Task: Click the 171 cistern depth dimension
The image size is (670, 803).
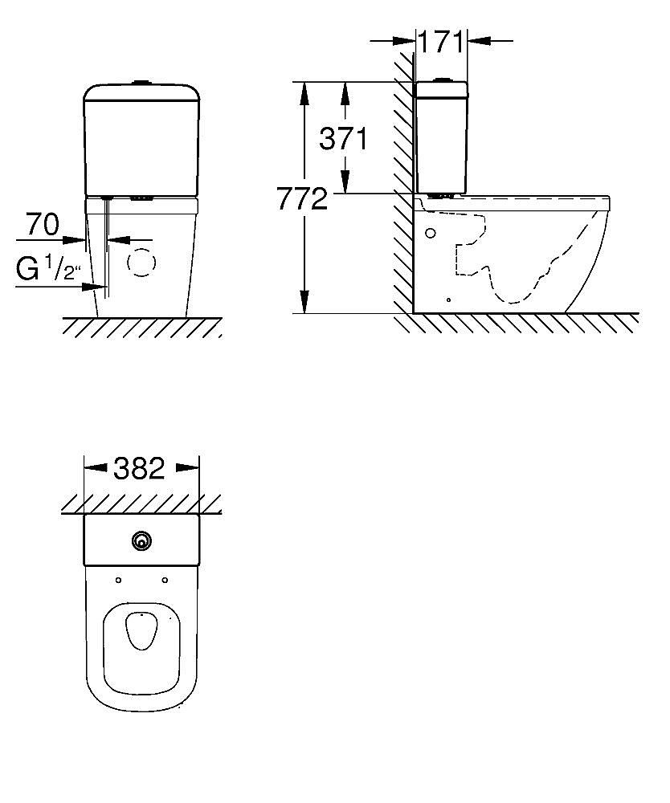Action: point(440,42)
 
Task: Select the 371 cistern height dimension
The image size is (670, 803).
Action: point(343,138)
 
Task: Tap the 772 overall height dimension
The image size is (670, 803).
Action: point(302,198)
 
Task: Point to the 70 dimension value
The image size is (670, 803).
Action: point(43,225)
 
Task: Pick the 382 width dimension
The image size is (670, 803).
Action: point(139,468)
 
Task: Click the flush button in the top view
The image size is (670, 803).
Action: point(141,540)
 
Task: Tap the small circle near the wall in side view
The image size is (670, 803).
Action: point(431,233)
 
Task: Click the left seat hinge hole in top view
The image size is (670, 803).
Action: point(118,581)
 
